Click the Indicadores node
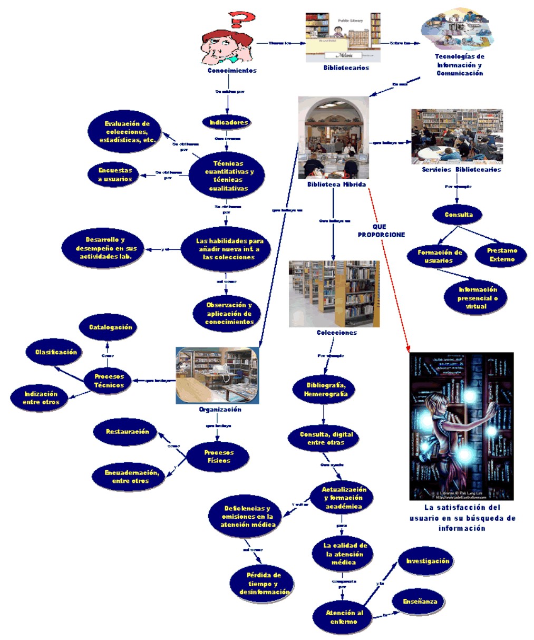(x=229, y=122)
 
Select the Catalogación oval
(x=110, y=327)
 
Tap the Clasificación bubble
(x=56, y=352)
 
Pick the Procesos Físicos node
(x=219, y=457)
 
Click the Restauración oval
(x=127, y=432)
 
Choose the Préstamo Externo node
(x=502, y=255)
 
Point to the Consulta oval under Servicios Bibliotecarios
(x=459, y=215)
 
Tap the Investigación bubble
(x=428, y=561)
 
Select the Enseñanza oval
(x=420, y=602)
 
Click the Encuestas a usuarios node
(x=115, y=174)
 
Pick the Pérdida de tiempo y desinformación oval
(x=264, y=584)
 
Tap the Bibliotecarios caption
(x=346, y=67)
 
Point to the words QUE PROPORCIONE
(x=381, y=230)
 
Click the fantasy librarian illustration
(x=461, y=426)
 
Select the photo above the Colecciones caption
(x=334, y=294)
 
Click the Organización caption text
(x=220, y=409)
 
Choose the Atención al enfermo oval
(x=344, y=617)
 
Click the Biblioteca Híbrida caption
(x=336, y=185)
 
